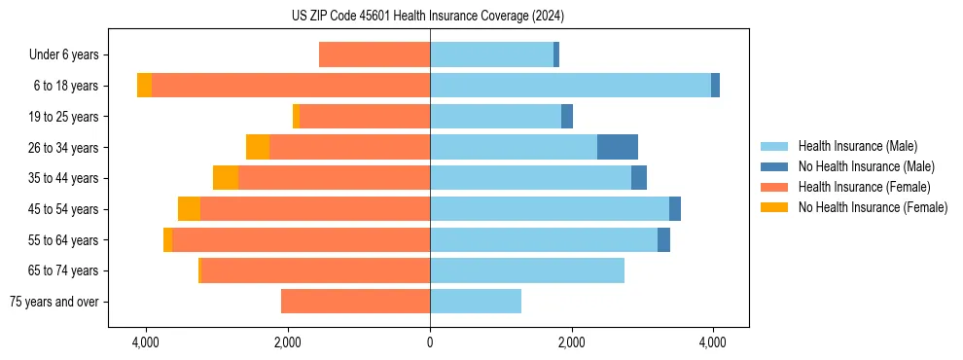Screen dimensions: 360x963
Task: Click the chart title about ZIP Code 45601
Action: tap(428, 16)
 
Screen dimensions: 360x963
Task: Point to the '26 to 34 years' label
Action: tap(64, 148)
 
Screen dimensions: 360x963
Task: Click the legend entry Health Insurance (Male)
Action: tap(857, 146)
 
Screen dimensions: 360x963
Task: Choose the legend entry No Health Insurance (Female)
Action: tap(873, 207)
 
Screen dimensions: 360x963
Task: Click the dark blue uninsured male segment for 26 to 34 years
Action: tap(618, 147)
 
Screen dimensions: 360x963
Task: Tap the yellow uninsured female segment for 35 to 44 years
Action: tap(226, 178)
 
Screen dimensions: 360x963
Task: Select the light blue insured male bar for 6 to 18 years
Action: tap(570, 86)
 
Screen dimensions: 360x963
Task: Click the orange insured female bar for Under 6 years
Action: tap(374, 55)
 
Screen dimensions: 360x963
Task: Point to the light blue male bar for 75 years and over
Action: tap(476, 302)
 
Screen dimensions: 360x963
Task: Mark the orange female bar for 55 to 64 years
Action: tap(301, 239)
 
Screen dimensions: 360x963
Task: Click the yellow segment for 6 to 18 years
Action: tap(144, 86)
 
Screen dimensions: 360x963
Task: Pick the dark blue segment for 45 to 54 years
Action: tap(675, 209)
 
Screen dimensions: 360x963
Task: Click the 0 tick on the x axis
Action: tap(430, 342)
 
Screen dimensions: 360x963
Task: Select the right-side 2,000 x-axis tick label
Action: tap(571, 342)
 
